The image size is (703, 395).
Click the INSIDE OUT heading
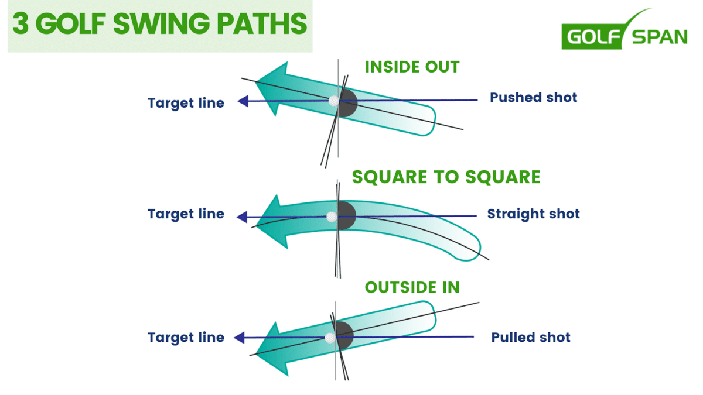412,67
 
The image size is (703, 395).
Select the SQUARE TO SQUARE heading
446,177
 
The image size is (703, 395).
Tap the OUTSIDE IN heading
412,287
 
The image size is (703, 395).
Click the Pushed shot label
533,97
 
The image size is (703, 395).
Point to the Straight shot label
533,214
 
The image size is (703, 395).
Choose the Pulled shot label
531,337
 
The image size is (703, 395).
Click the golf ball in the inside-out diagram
334,101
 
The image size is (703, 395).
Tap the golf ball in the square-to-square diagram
332,217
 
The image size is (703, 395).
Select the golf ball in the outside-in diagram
330,338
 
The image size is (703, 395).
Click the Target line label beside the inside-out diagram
186,103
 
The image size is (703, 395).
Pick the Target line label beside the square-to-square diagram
186,214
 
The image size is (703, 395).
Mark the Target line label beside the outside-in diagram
186,338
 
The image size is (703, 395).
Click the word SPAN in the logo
659,37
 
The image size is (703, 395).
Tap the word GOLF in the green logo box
591,37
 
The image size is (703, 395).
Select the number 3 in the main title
19,25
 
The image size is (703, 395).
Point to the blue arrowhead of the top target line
243,101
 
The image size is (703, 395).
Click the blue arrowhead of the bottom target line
239,338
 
